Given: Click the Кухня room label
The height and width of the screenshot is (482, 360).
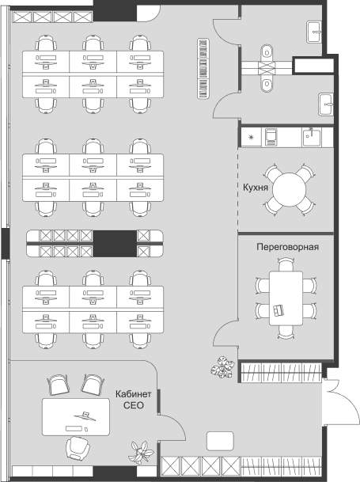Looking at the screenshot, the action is click(x=256, y=188).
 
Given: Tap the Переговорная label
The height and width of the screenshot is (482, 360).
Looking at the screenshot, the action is click(x=287, y=247).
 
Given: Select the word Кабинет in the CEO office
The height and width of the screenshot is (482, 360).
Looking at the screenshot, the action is click(x=134, y=394).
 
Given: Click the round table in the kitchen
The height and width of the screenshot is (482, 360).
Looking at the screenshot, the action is click(x=290, y=190).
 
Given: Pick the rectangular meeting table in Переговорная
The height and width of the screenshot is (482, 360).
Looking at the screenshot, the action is click(x=286, y=298).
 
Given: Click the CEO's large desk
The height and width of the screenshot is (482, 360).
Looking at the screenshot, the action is click(x=76, y=417).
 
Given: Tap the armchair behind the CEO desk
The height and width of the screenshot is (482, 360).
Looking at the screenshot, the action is click(x=78, y=449).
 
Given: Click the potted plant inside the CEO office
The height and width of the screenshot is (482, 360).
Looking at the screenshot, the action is click(x=142, y=452).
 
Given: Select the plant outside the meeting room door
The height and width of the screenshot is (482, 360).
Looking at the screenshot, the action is click(x=222, y=367).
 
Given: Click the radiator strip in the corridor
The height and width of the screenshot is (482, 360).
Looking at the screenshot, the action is click(x=203, y=69).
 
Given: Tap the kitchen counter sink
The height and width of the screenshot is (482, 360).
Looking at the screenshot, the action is click(x=311, y=137).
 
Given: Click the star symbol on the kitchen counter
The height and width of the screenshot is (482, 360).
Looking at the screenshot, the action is click(x=251, y=137).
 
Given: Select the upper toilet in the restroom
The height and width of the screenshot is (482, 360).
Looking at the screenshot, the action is click(x=267, y=53).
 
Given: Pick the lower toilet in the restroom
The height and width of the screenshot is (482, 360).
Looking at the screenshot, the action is click(x=267, y=83).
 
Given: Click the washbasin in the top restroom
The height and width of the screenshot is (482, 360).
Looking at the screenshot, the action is click(x=314, y=32).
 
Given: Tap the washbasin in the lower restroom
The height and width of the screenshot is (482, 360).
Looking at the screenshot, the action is click(x=326, y=104).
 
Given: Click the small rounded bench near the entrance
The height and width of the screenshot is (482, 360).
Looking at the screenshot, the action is click(x=220, y=441).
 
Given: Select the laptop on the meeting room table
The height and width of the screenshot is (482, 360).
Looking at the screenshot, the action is click(x=279, y=310).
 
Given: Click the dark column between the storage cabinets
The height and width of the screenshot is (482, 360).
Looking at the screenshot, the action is click(x=115, y=244).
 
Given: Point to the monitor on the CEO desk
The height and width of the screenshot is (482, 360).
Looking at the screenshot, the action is click(x=85, y=416).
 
